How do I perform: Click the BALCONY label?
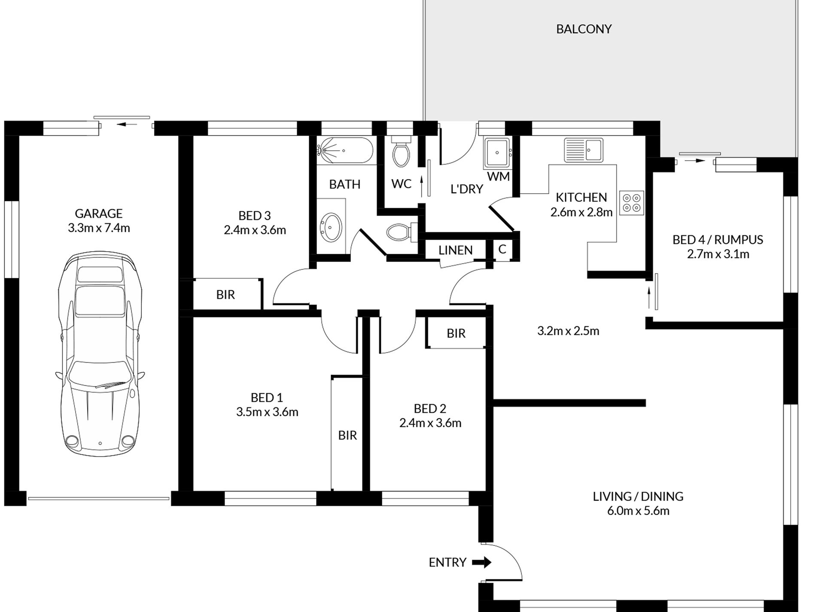pyautogui.click(x=584, y=29)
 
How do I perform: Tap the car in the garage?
pyautogui.click(x=100, y=354)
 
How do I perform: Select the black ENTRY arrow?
pyautogui.click(x=482, y=562)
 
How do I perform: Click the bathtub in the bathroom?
pyautogui.click(x=345, y=150)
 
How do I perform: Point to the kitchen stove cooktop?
pyautogui.click(x=632, y=203)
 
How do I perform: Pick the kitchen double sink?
pyautogui.click(x=584, y=150)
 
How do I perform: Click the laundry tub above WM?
pyautogui.click(x=497, y=152)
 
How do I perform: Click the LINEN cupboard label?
pyautogui.click(x=455, y=250)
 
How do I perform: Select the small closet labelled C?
pyautogui.click(x=502, y=250)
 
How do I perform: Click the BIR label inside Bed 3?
pyautogui.click(x=225, y=295)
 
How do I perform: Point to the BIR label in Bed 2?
pyautogui.click(x=456, y=333)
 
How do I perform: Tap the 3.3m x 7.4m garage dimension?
pyautogui.click(x=99, y=228)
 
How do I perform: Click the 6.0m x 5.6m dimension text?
pyautogui.click(x=638, y=511)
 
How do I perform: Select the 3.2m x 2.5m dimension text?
pyautogui.click(x=568, y=331)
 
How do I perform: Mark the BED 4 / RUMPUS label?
pyautogui.click(x=718, y=240)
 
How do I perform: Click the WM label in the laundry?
pyautogui.click(x=499, y=177)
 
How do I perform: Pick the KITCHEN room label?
pyautogui.click(x=582, y=198)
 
